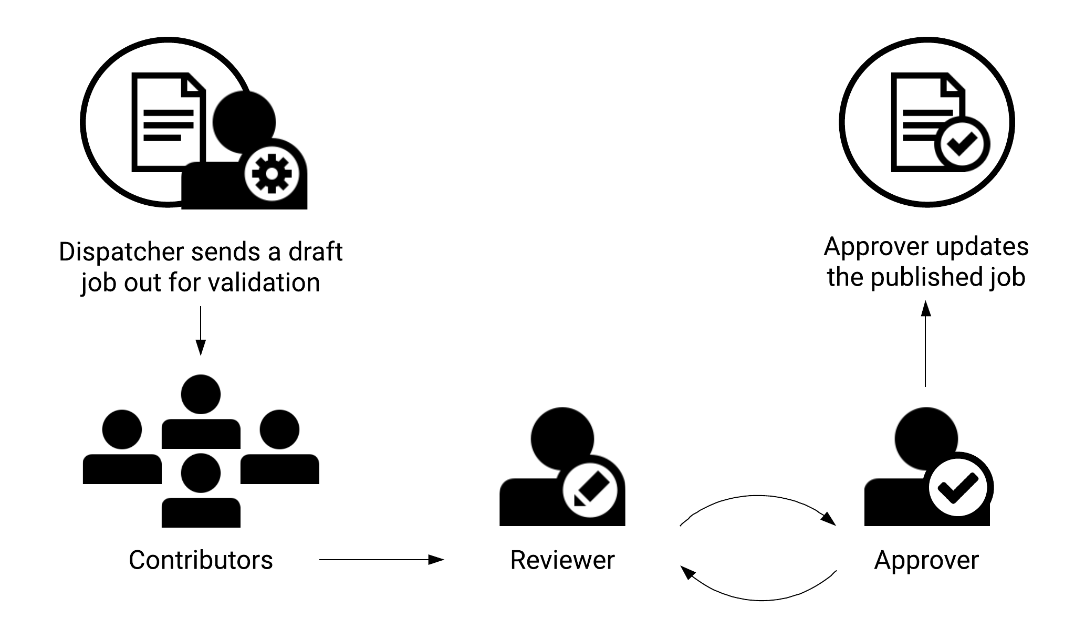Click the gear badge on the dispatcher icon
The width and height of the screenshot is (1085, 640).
[x=272, y=174]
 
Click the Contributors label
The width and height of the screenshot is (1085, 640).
[x=201, y=560]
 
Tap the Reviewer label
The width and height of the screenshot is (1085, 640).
[x=562, y=560]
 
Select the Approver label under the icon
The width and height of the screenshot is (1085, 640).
[x=926, y=560]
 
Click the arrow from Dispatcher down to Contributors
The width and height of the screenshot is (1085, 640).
[x=200, y=331]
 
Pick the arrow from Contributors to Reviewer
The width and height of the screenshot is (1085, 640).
[x=381, y=560]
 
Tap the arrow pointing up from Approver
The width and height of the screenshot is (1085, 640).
[x=925, y=344]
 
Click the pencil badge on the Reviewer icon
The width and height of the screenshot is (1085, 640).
[x=589, y=490]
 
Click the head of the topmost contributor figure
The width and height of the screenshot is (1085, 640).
[x=201, y=394]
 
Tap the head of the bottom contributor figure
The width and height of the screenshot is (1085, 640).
[x=201, y=473]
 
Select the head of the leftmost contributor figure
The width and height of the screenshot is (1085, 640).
[x=122, y=429]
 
